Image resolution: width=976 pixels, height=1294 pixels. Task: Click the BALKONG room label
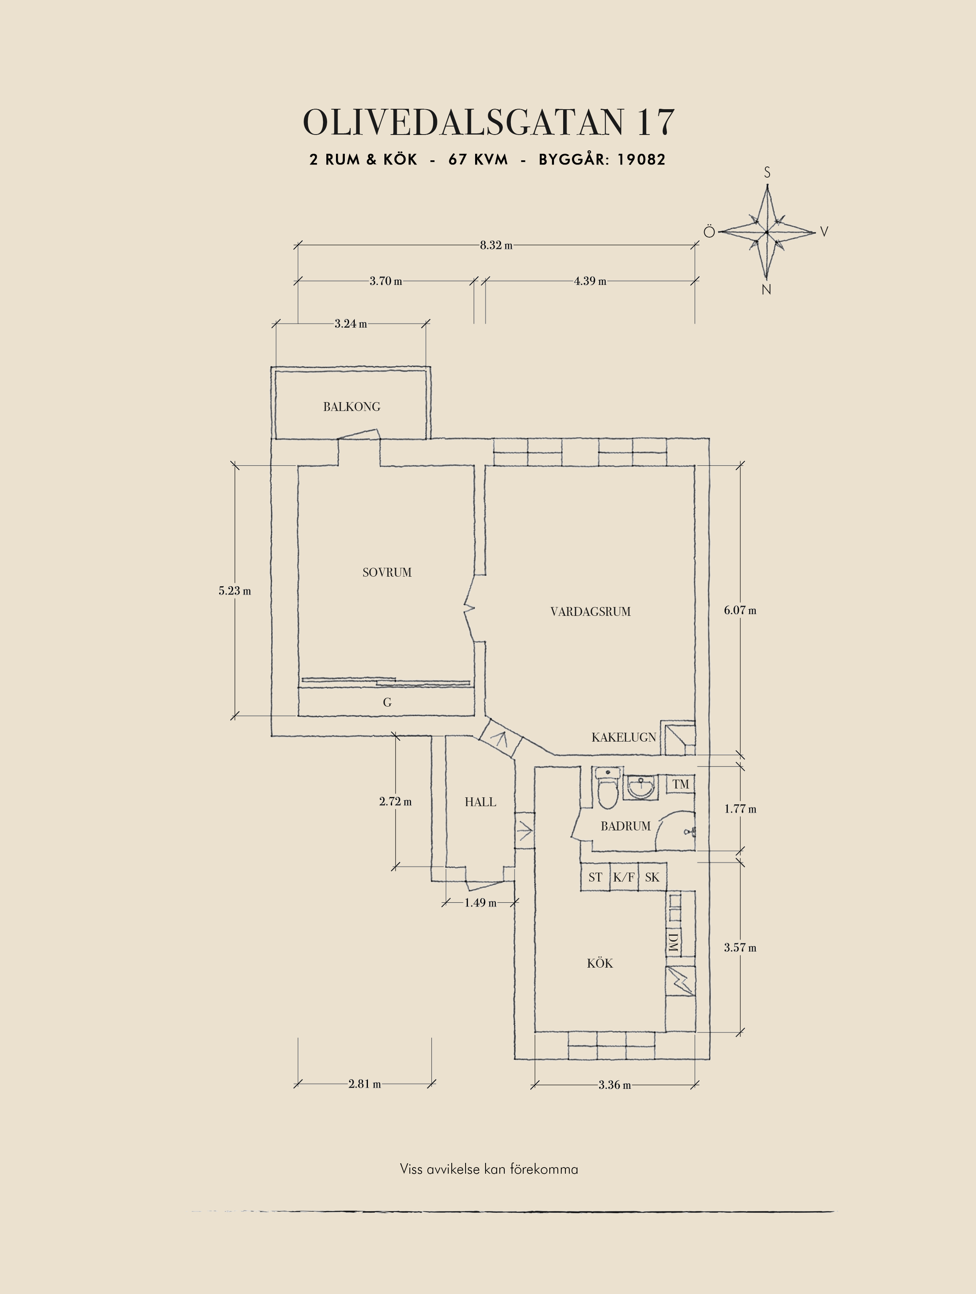(x=351, y=407)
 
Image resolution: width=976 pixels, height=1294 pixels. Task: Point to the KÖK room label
(x=600, y=963)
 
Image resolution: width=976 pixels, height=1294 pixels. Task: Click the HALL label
(x=481, y=802)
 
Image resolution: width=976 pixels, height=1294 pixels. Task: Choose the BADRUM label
(x=626, y=826)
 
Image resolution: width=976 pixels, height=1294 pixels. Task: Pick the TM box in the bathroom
(x=681, y=784)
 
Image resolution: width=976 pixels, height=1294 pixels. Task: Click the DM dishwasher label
(x=673, y=942)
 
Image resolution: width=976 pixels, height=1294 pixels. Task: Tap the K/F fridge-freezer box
(x=624, y=877)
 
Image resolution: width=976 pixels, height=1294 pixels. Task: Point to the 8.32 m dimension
(x=496, y=246)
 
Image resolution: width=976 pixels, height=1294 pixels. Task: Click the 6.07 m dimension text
(x=740, y=610)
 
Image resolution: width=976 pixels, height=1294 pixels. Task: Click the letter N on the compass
(x=767, y=289)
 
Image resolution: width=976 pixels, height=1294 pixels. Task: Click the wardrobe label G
(x=387, y=703)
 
